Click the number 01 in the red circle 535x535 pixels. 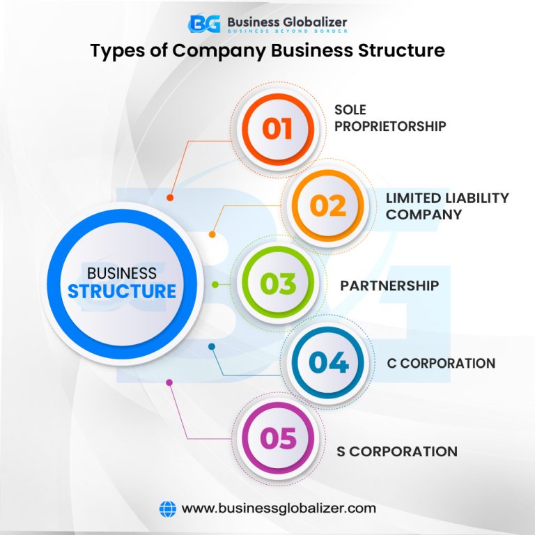[277, 129]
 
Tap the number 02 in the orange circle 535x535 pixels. [327, 206]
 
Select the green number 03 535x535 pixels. [278, 284]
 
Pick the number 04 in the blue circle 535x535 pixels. [329, 363]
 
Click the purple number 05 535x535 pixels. [278, 439]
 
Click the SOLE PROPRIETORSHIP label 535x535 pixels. [389, 118]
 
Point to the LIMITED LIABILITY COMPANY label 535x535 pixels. [447, 206]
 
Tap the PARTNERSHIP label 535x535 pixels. [389, 286]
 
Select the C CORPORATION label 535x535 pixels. [441, 363]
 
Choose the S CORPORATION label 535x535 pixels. [396, 451]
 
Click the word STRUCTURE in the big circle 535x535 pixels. [122, 290]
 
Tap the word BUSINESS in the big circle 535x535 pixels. [121, 272]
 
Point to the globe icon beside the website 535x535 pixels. [167, 509]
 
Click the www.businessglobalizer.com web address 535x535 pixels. [279, 509]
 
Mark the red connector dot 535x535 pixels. [170, 198]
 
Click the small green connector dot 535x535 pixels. [215, 284]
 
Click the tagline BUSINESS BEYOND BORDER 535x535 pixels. [286, 31]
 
